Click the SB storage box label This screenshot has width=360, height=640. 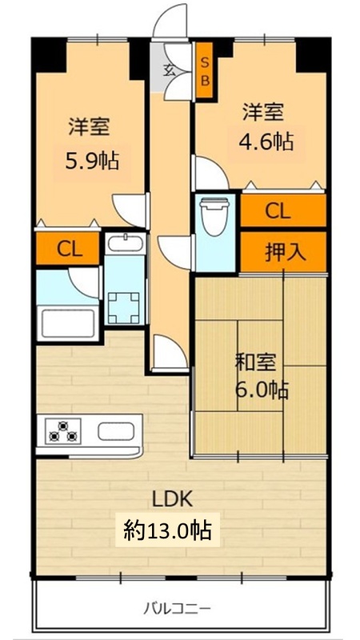coord(205,72)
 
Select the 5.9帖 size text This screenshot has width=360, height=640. coord(92,161)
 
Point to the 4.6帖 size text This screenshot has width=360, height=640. coord(266,142)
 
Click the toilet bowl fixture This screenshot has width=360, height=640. coord(215,216)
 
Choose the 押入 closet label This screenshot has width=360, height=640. coord(286,253)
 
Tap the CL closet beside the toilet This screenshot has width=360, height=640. coord(278,211)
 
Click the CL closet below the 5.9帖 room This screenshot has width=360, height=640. coord(70,249)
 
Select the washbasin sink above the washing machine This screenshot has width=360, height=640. coord(125,244)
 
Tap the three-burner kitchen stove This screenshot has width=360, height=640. coord(63,431)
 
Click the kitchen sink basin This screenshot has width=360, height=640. coord(116,431)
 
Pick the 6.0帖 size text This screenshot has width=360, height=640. coord(262,390)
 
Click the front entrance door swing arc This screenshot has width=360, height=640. coord(170,21)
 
